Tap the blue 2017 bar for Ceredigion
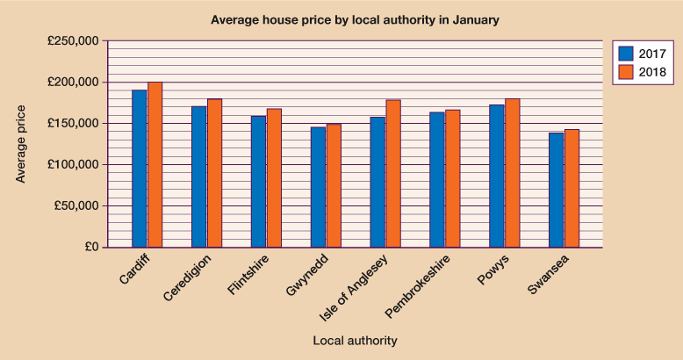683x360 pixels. pyautogui.click(x=199, y=176)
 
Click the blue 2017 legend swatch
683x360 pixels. pyautogui.click(x=627, y=54)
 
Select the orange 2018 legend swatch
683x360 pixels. pyautogui.click(x=627, y=71)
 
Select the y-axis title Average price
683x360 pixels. pyautogui.click(x=21, y=144)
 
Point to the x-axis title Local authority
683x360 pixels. pyautogui.click(x=355, y=340)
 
